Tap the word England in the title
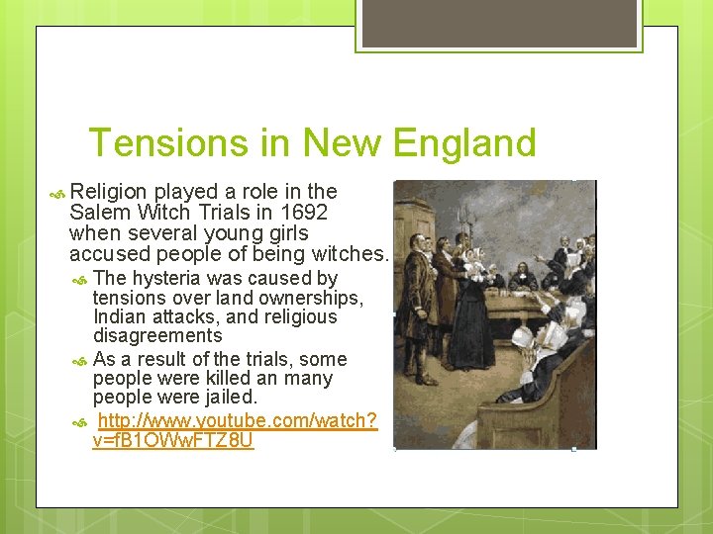462,143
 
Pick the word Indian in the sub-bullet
118,317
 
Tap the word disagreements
157,336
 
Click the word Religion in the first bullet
108,192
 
